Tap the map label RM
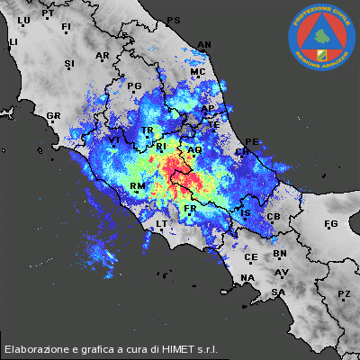(138, 187)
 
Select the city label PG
(135, 87)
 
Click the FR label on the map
(190, 209)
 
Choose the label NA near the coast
(247, 288)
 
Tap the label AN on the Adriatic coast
(203, 44)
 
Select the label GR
(53, 116)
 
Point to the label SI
(69, 64)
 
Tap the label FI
(66, 28)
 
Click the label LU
(23, 21)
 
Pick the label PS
(174, 21)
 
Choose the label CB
(274, 218)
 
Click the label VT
(115, 141)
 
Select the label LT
(162, 223)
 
